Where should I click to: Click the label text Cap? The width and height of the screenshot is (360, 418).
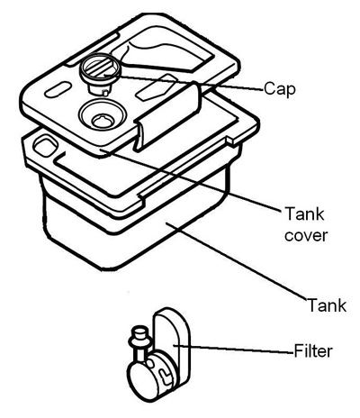280,89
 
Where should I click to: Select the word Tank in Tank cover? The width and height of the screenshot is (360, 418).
304,214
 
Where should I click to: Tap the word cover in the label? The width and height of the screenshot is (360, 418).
305,235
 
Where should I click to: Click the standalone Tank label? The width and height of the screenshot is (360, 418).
327,304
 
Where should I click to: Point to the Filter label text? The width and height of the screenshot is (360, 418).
313,350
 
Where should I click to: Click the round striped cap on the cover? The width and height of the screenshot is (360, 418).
100,69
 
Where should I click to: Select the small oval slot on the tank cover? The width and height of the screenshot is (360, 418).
58,89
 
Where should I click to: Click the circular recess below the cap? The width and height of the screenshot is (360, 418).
103,116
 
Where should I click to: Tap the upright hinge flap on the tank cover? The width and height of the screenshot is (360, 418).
166,117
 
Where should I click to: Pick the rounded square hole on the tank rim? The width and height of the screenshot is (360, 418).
45,146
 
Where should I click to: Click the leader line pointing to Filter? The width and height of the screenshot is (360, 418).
233,349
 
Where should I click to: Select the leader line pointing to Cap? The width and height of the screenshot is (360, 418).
184,82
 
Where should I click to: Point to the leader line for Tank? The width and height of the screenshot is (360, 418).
236,260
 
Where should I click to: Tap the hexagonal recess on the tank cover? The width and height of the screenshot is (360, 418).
155,87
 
